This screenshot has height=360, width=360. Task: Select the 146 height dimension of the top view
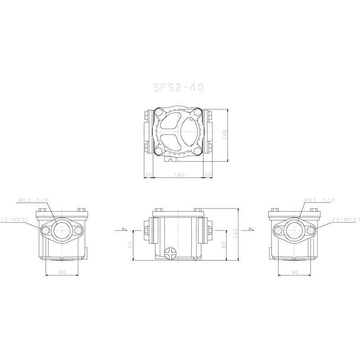click(x=225, y=134)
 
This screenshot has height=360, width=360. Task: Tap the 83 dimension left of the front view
click(x=130, y=246)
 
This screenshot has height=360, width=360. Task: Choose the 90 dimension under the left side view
click(x=62, y=272)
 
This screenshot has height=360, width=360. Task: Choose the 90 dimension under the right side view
click(x=295, y=272)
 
